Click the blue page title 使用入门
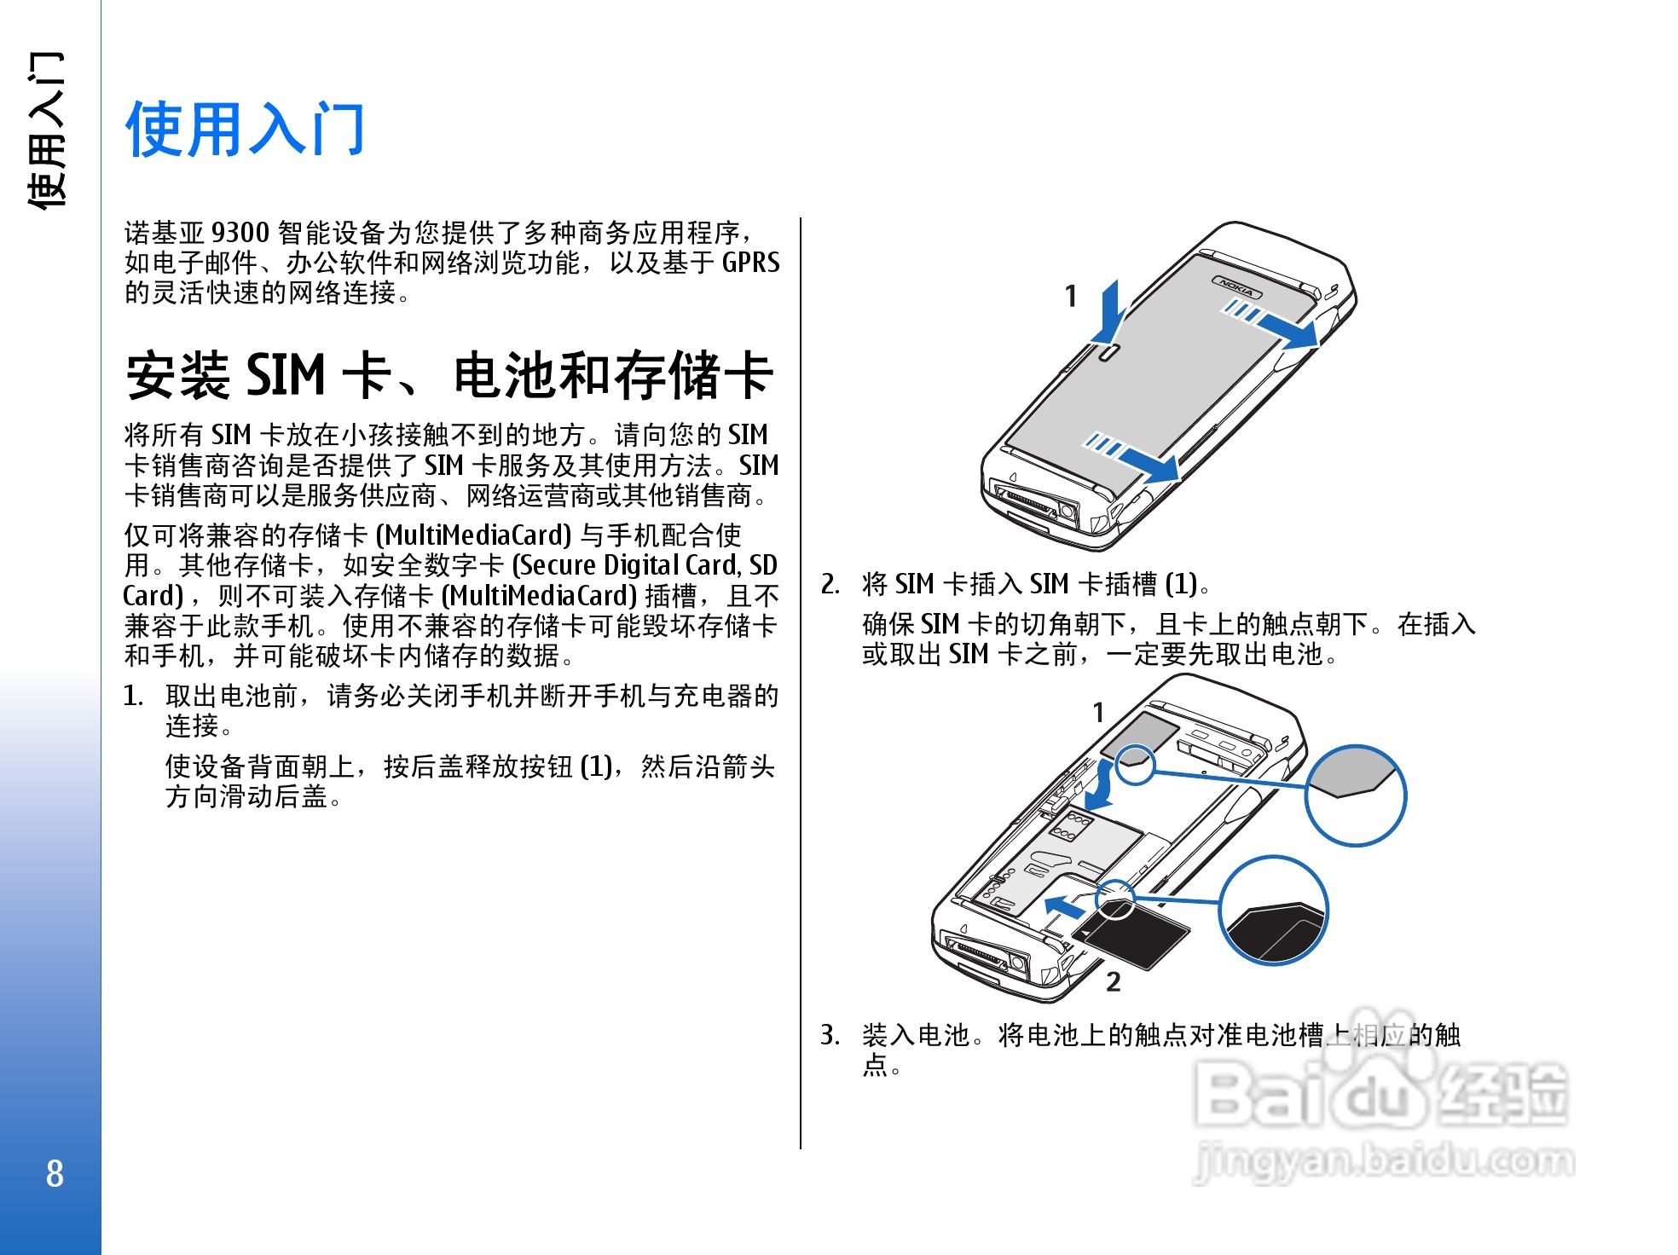click(x=246, y=129)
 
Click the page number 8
click(x=55, y=1174)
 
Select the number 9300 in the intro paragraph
click(x=240, y=232)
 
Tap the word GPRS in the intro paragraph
click(x=750, y=262)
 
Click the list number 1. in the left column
click(x=133, y=696)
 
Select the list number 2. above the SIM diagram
click(x=830, y=584)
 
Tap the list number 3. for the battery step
click(x=830, y=1035)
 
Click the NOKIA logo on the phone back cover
click(x=1237, y=287)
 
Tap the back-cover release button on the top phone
click(x=1106, y=353)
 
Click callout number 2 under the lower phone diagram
click(x=1113, y=982)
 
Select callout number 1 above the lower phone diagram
click(x=1098, y=712)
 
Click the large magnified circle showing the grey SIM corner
click(x=1356, y=795)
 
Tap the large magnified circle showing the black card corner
click(x=1274, y=911)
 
